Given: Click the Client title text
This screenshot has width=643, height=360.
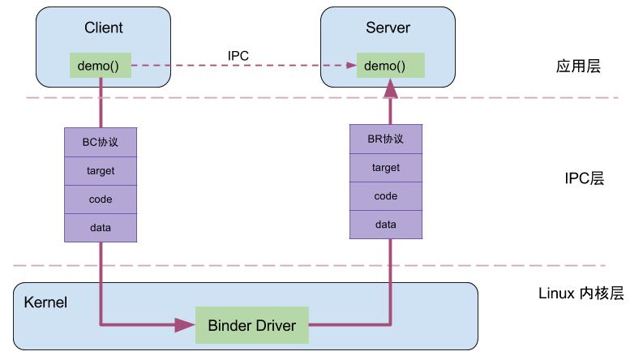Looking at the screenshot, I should click(x=103, y=28).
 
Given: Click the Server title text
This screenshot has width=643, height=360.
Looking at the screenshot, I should click(x=388, y=28).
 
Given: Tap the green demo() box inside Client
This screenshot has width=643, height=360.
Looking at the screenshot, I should click(x=100, y=65).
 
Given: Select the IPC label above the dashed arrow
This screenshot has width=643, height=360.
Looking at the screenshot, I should click(x=238, y=55).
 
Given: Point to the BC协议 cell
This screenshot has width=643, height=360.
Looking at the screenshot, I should click(x=101, y=142).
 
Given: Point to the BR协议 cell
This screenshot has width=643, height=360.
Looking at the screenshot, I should click(x=385, y=139).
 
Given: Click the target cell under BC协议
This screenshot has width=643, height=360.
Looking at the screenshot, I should click(x=101, y=170).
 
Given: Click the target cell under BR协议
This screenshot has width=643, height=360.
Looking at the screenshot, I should click(x=385, y=168).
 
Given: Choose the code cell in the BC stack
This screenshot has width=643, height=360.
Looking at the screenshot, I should click(x=101, y=199).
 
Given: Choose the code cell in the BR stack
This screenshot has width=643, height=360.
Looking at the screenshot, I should click(x=385, y=196).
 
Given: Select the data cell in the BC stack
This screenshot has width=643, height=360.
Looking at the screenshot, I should click(x=101, y=228).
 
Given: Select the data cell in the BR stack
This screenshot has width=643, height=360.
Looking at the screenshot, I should click(x=385, y=225).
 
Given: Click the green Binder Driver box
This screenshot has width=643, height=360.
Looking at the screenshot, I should click(x=252, y=326).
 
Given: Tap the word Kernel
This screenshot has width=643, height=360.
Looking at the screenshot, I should click(x=45, y=302).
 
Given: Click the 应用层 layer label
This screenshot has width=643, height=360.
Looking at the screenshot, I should click(x=572, y=66).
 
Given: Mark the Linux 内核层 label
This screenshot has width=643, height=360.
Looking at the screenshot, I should click(x=581, y=294).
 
